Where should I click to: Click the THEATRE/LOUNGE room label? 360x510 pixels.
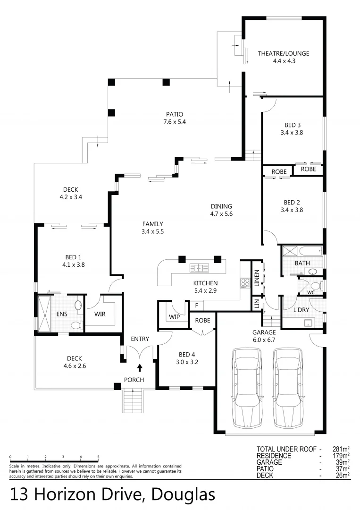283,53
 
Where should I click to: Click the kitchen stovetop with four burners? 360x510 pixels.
245,282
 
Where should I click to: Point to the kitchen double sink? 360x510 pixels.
199,268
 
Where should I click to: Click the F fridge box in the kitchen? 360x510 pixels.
196,306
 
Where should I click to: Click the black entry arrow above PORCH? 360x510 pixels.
140,367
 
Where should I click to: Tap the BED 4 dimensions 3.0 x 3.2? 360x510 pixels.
187,362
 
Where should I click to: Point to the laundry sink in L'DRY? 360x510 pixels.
308,323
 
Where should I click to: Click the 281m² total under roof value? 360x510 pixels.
339,449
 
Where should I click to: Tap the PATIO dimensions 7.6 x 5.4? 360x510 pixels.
174,122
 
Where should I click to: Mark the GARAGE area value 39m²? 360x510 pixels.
341,462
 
